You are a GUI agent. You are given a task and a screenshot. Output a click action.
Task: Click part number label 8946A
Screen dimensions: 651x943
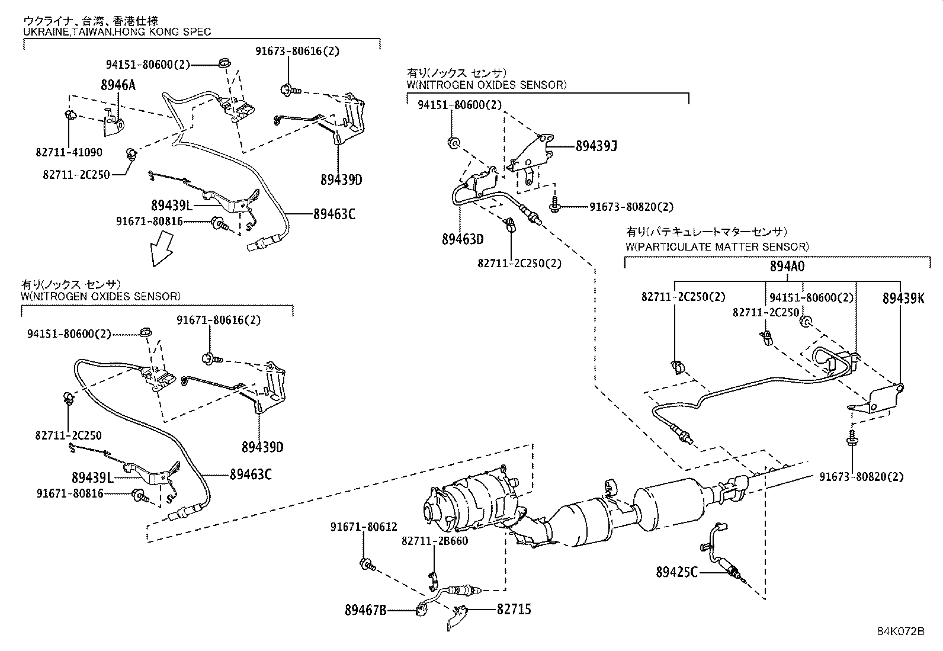click(117, 85)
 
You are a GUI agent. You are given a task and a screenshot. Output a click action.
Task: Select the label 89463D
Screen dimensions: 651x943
click(462, 239)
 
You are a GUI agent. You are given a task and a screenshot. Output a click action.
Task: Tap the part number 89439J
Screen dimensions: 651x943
click(596, 146)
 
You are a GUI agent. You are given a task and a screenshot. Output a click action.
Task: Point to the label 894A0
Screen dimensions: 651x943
click(787, 267)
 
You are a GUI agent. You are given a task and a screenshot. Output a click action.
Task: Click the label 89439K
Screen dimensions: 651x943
click(903, 299)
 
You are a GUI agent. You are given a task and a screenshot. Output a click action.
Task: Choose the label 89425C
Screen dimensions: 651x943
click(676, 572)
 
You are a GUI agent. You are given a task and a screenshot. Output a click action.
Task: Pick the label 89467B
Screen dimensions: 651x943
click(365, 609)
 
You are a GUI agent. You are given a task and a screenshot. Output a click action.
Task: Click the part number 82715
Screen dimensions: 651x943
click(514, 609)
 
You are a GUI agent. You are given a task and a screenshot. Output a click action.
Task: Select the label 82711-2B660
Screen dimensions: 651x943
click(434, 541)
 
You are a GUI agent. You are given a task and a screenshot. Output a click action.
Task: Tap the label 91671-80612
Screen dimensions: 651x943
click(363, 527)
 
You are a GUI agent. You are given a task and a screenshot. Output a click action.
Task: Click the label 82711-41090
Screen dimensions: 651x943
click(68, 152)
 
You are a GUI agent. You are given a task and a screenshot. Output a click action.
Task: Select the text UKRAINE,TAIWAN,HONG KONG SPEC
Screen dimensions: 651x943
click(117, 32)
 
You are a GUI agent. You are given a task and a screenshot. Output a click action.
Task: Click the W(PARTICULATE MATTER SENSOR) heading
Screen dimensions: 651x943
click(717, 246)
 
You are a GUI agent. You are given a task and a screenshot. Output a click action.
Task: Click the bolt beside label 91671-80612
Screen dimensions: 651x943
click(367, 563)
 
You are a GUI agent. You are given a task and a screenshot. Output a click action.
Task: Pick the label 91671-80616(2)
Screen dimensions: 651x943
click(218, 320)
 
